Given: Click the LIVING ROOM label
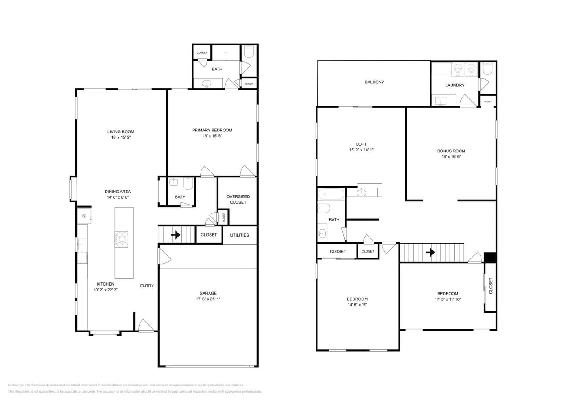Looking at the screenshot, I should click(121, 131).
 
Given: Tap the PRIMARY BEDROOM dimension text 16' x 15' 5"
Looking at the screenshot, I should click(212, 136).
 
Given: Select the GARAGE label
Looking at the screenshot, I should click(208, 293).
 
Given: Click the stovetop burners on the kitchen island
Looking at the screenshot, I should click(122, 239).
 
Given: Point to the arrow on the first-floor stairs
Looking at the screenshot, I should click(176, 234).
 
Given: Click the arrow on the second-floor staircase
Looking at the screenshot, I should click(430, 253).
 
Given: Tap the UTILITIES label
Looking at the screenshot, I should click(239, 235).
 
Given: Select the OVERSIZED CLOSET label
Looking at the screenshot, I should click(238, 199).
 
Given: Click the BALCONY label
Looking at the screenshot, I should click(374, 82).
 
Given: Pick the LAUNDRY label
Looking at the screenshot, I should click(455, 85).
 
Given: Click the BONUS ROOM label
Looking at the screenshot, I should click(451, 151).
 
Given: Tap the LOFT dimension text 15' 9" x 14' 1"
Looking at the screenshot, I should click(361, 150).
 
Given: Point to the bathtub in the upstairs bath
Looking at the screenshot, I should click(331, 194).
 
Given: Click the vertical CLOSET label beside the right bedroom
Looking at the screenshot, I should click(491, 286).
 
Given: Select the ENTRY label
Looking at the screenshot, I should click(147, 286).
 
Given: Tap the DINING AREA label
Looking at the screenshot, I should click(118, 192).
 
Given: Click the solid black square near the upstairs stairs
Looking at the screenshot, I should click(490, 258).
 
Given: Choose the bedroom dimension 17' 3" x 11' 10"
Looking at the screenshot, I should click(448, 299).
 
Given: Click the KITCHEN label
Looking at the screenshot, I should click(106, 284).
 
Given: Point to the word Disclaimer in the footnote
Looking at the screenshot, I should click(16, 385).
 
